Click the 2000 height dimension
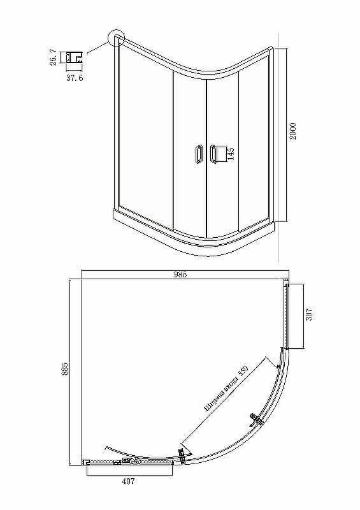[x=293, y=131]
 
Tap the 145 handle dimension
[x=231, y=153]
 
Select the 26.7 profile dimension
[x=53, y=57]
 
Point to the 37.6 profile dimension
[x=75, y=78]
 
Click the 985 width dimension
[x=180, y=275]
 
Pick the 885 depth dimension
[x=65, y=369]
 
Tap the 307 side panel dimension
[x=308, y=314]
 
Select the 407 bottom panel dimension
[x=128, y=481]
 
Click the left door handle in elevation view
[x=199, y=154]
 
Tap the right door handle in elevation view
[x=213, y=154]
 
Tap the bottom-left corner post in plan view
[x=86, y=461]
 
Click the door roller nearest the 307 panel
[x=256, y=419]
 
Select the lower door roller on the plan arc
[x=182, y=455]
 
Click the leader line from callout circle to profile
[x=97, y=47]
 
